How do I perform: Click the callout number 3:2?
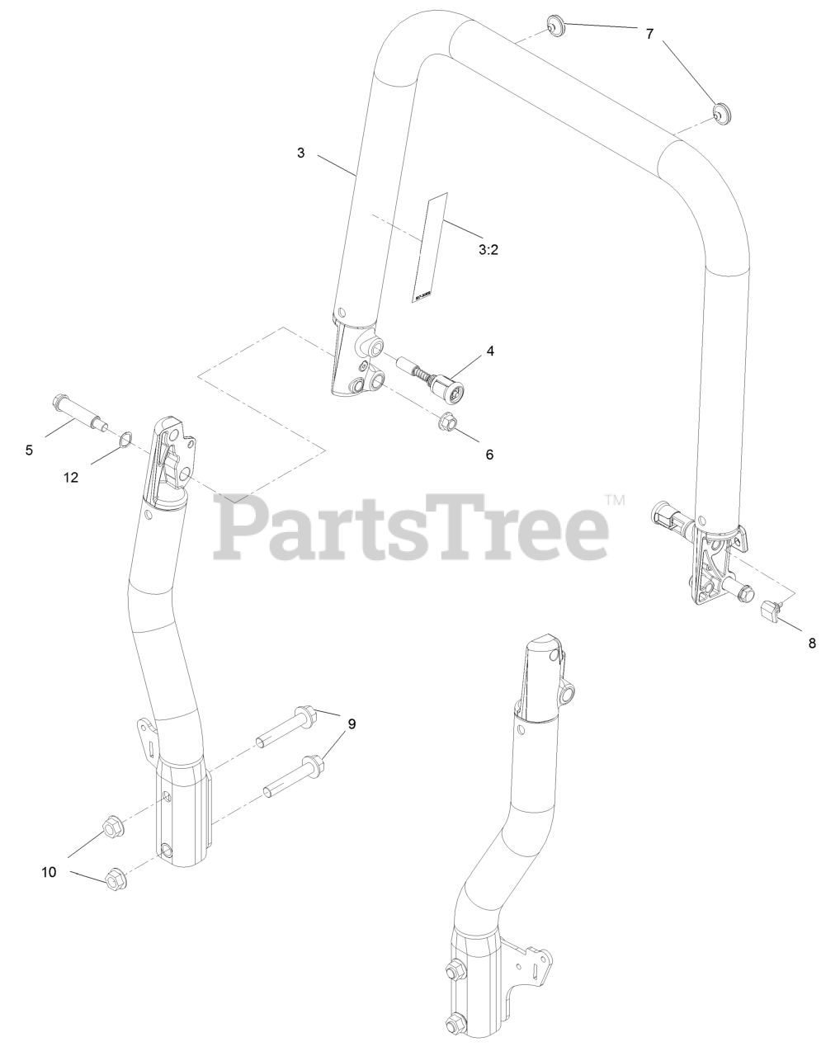488,250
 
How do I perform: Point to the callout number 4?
490,350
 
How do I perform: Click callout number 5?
30,450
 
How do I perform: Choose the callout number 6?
489,454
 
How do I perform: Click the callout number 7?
649,34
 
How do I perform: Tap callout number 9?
352,724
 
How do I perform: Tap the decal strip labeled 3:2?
430,247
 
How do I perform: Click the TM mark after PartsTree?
616,500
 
